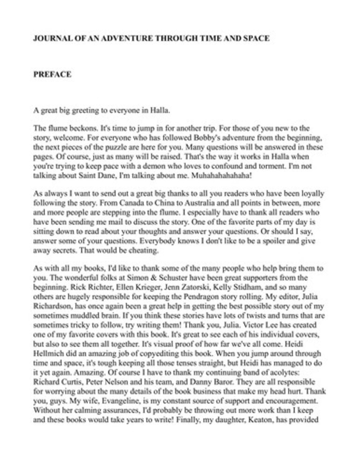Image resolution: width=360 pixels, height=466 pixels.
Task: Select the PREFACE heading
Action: point(52,74)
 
